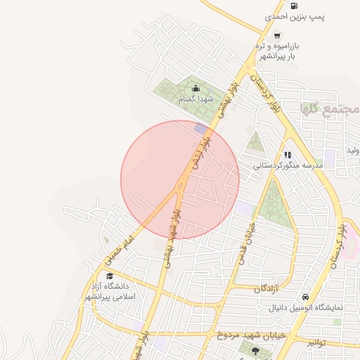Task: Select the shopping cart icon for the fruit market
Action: pos(278,36)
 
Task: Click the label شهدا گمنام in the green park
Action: pos(195,100)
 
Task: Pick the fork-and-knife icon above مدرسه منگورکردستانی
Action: pos(287,155)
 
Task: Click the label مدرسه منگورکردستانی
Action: pos(288,165)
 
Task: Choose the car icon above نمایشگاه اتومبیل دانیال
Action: pos(305,297)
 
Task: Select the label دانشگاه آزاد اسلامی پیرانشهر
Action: pos(112,291)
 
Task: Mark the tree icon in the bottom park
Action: pos(255,350)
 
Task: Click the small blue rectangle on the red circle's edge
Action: pos(202,129)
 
